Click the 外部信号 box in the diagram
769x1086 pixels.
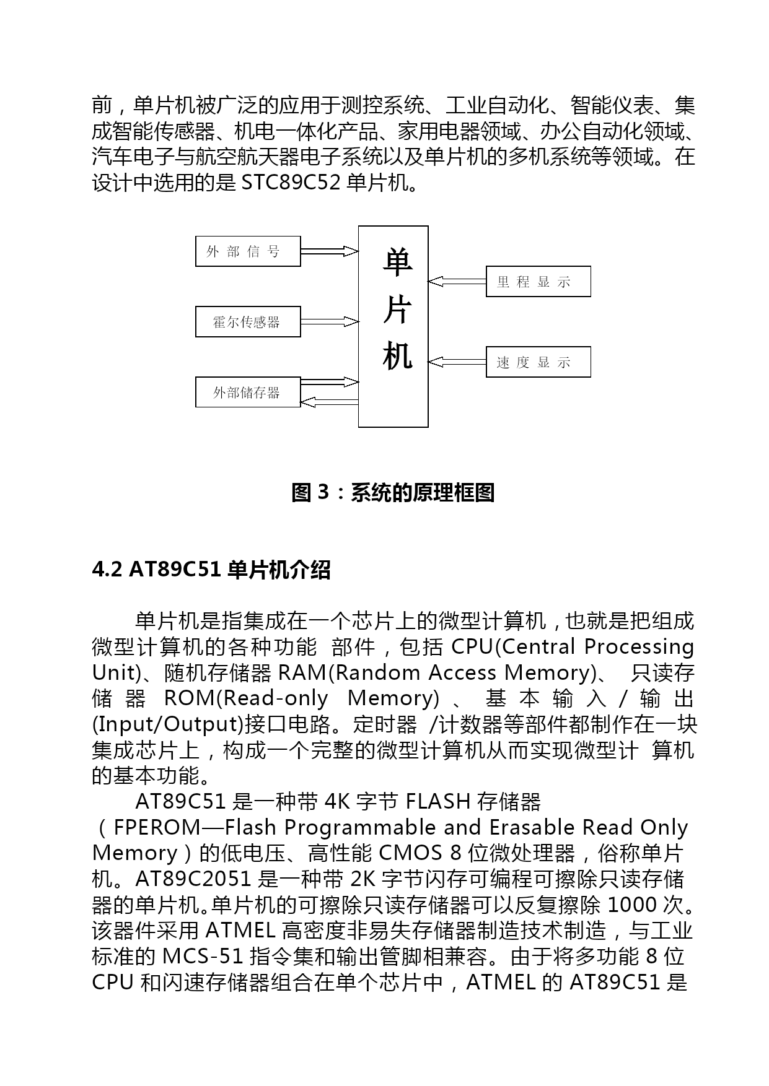click(248, 251)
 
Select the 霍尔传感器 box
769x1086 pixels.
click(248, 322)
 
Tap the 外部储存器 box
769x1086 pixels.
click(248, 392)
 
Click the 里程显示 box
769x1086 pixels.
click(538, 282)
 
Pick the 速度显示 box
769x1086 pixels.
click(538, 362)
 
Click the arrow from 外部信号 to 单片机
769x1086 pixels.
click(329, 251)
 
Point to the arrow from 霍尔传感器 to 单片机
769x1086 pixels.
click(329, 322)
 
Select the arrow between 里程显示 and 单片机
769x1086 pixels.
click(457, 282)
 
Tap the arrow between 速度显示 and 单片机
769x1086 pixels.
click(457, 362)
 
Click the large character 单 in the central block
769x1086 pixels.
click(397, 262)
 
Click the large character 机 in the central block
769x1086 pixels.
click(397, 357)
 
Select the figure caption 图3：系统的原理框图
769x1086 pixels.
click(393, 493)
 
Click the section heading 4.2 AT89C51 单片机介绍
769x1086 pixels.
click(211, 570)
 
